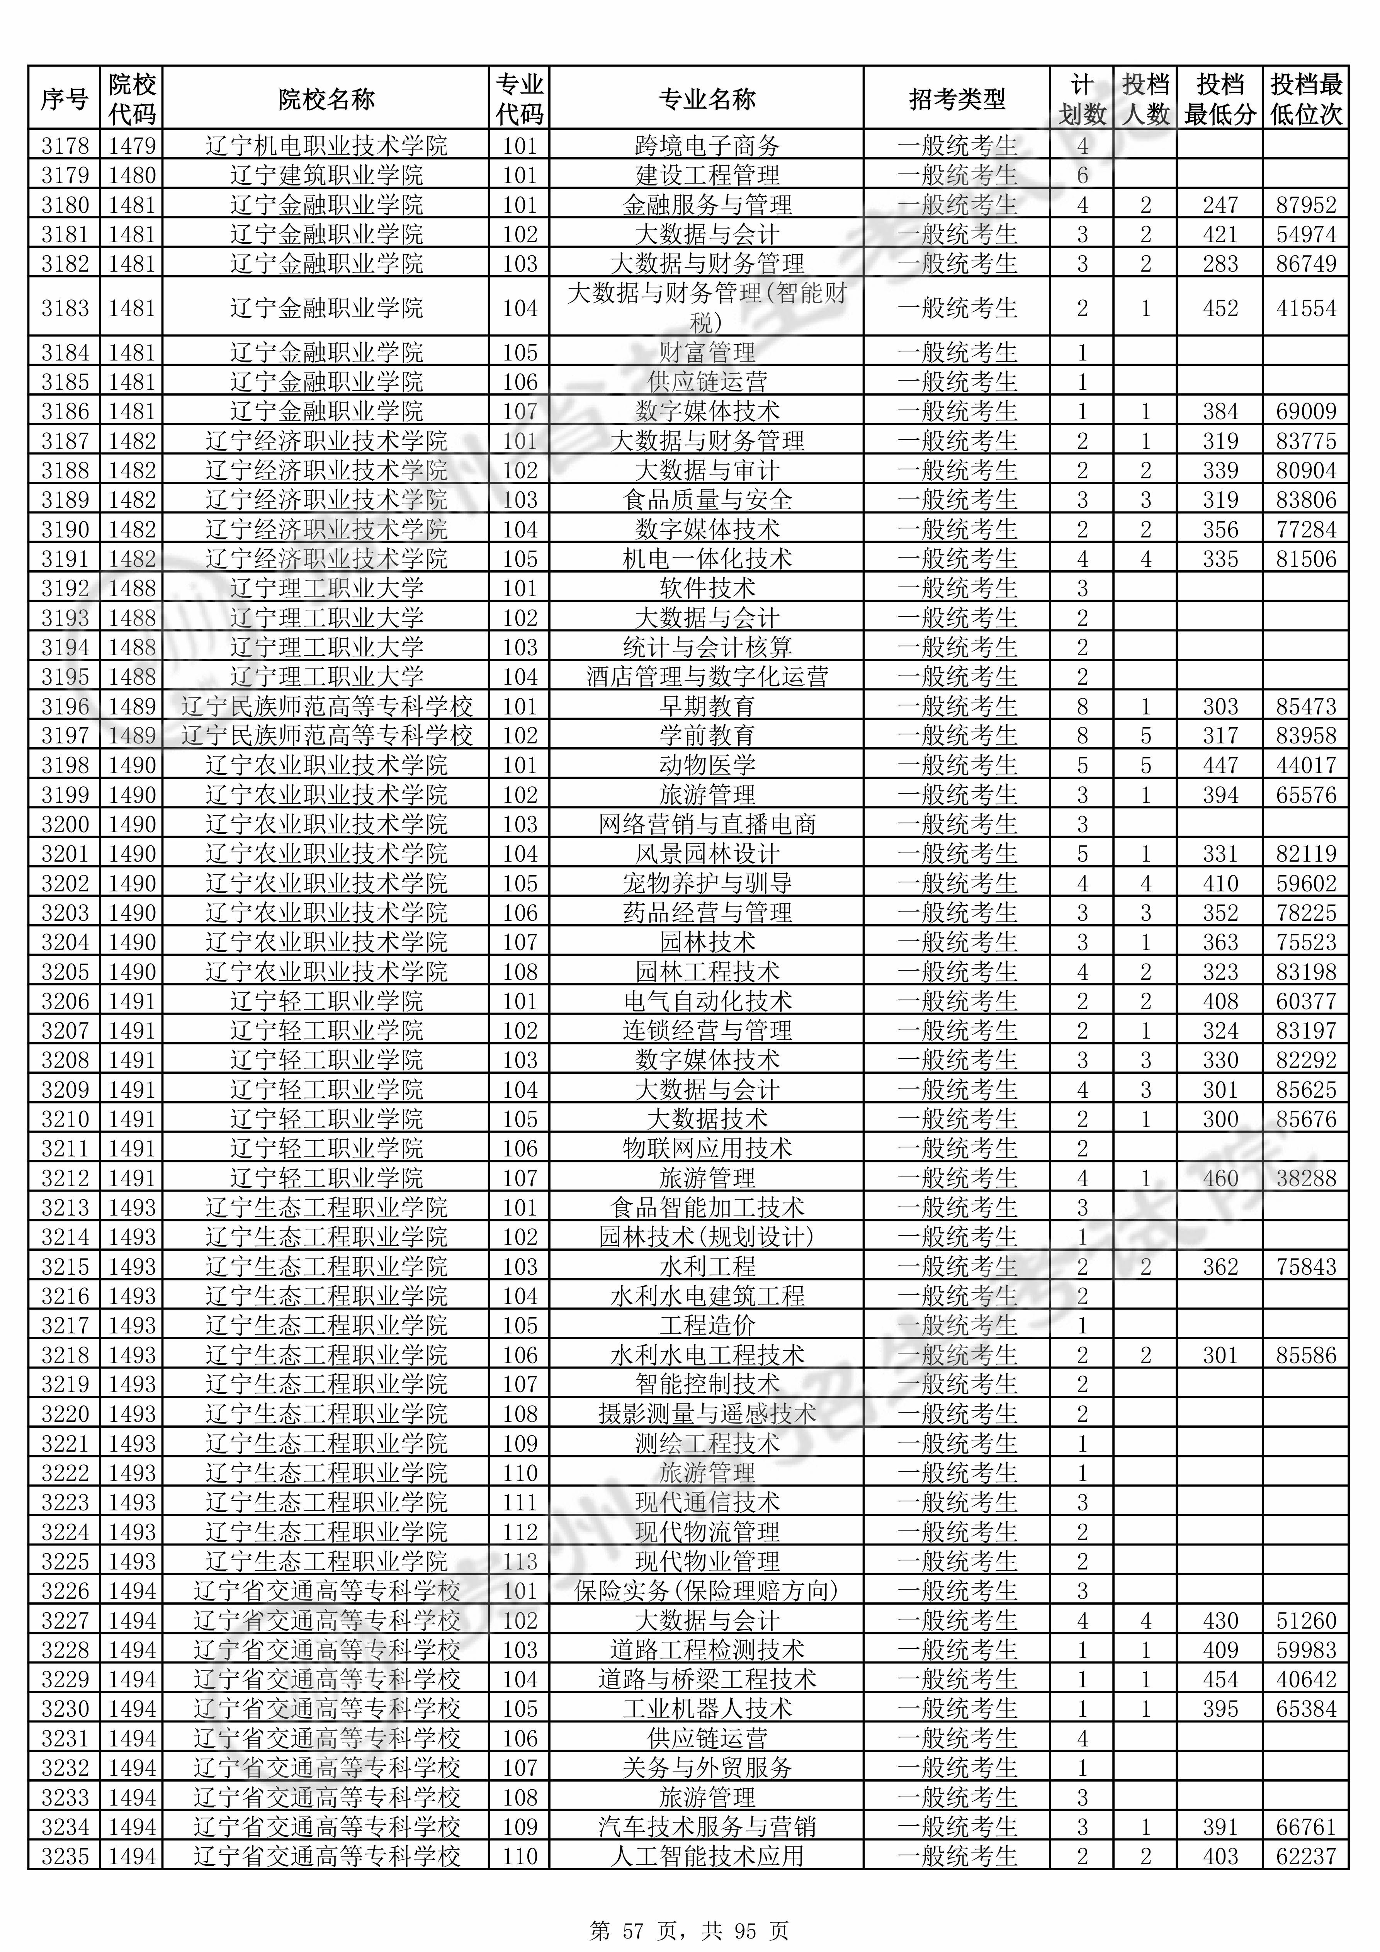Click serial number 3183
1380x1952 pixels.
point(65,308)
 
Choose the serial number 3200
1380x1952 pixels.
point(65,824)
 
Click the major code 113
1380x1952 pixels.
point(520,1561)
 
